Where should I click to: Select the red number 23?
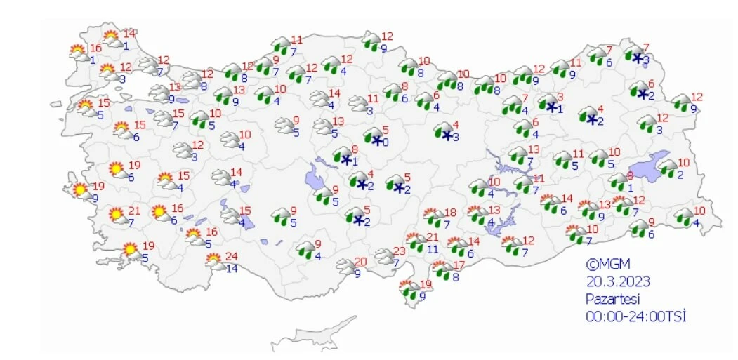[400, 251]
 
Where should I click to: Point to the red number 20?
[361, 262]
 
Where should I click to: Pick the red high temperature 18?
[450, 213]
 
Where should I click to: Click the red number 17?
[459, 265]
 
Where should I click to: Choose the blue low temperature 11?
[433, 248]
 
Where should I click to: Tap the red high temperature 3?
[560, 97]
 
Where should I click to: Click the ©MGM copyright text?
[608, 265]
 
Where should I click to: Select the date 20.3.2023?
[618, 282]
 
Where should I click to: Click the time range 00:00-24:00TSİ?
[636, 316]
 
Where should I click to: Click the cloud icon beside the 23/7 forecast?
[384, 256]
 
